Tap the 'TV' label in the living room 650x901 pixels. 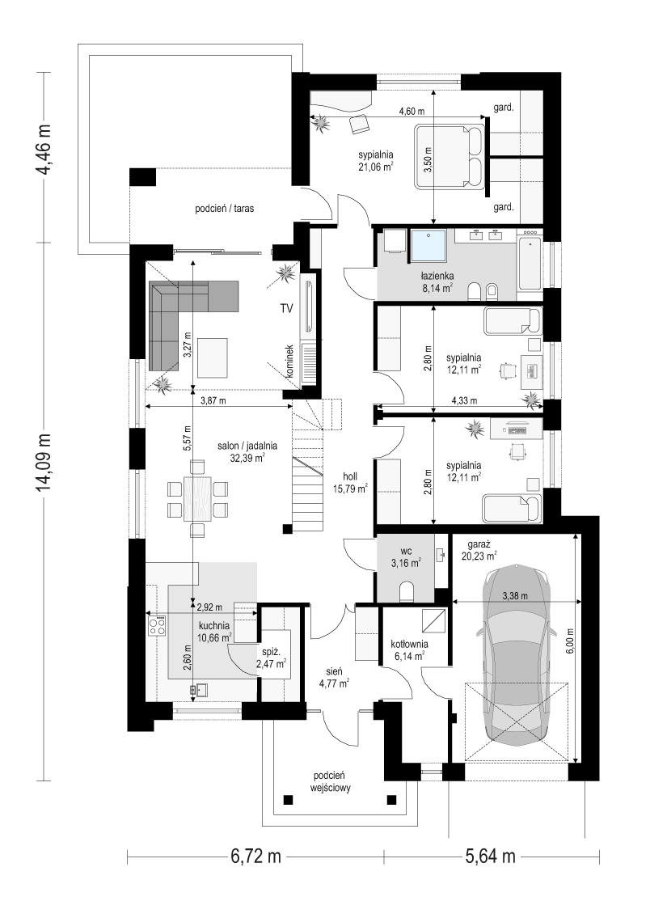click(x=286, y=309)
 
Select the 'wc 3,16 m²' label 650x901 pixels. click(x=406, y=557)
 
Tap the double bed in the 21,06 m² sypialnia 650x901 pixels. click(x=450, y=156)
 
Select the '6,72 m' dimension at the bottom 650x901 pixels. click(x=256, y=857)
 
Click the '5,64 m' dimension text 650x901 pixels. click(x=490, y=857)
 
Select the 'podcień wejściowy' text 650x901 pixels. click(x=331, y=781)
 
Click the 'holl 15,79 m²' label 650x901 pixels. click(x=350, y=483)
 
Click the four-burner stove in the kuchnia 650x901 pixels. click(x=157, y=625)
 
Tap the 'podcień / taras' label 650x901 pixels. click(x=225, y=209)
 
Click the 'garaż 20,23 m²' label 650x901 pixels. click(x=479, y=550)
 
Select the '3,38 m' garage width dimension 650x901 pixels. click(x=515, y=596)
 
